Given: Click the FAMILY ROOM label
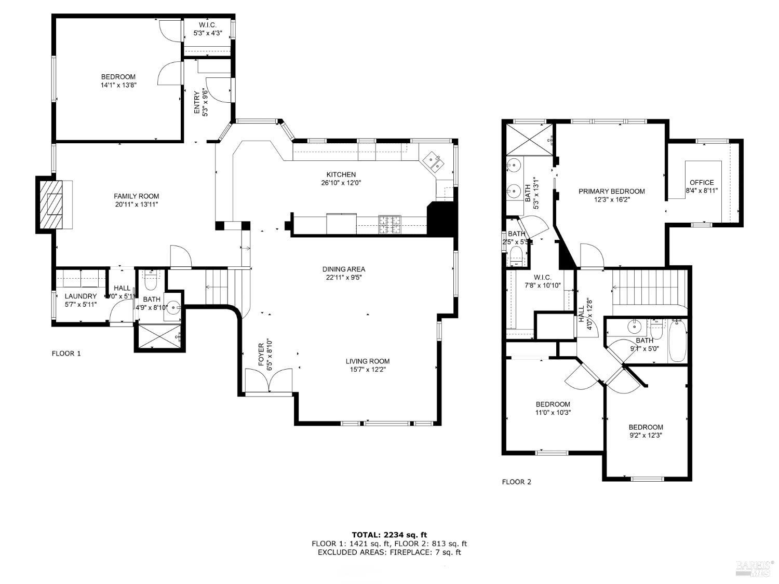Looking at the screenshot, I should [x=136, y=196].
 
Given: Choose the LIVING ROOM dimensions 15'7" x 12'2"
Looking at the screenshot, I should [x=368, y=370].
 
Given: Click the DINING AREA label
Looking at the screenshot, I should [x=343, y=269].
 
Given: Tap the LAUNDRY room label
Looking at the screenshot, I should [x=80, y=296].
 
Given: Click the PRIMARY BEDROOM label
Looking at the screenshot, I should [x=612, y=191].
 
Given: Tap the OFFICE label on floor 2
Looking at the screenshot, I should [x=702, y=182].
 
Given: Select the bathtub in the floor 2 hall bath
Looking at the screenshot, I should [x=678, y=341].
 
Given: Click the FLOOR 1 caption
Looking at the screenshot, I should [x=66, y=354].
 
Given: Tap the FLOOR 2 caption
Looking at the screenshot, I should [x=516, y=482].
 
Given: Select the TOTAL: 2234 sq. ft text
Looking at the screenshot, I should [x=389, y=535].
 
